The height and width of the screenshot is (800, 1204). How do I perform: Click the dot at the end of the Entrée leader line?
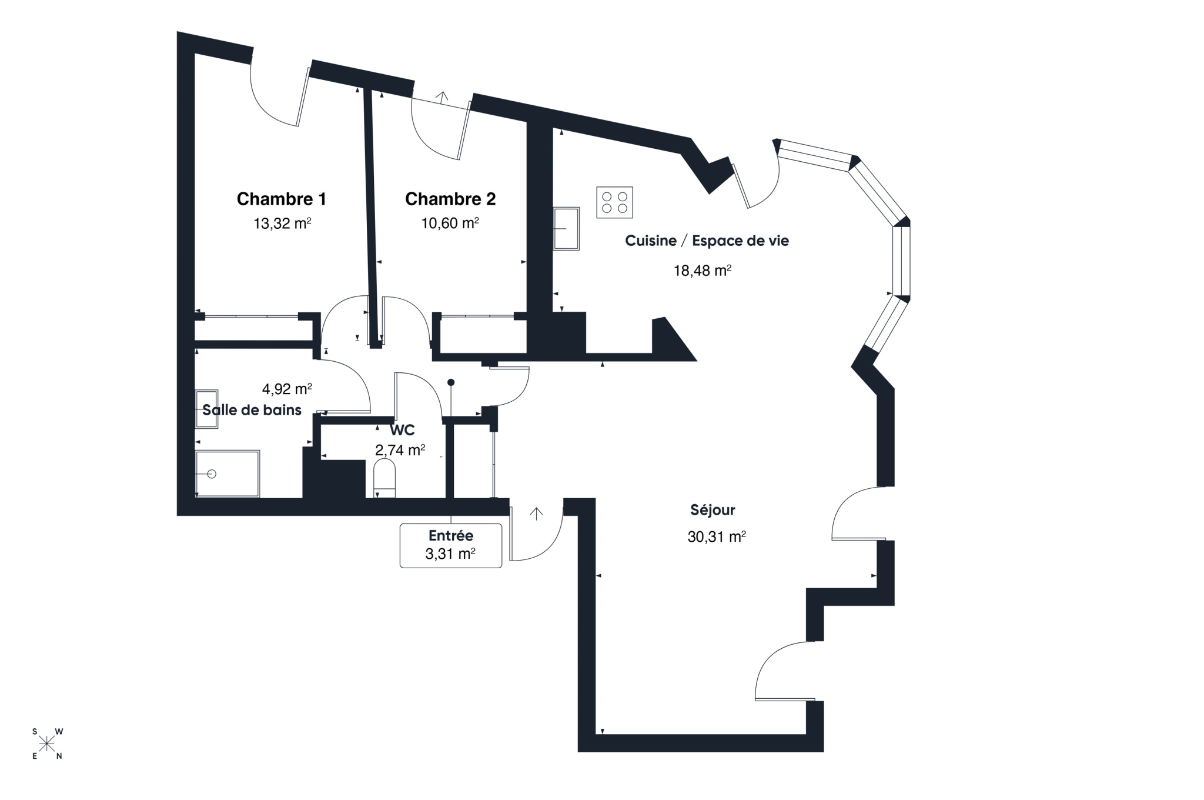click(451, 382)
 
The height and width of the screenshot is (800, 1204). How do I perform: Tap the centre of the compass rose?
click(47, 744)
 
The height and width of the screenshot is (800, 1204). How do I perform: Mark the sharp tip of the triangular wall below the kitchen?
click(697, 360)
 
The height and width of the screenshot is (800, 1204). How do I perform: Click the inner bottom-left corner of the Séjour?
click(596, 734)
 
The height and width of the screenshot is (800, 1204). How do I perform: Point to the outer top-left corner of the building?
click(177, 32)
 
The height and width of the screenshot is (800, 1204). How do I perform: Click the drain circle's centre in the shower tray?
click(212, 474)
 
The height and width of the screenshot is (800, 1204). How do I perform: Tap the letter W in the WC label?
click(396, 430)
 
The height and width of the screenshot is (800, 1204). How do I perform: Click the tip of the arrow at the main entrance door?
click(536, 508)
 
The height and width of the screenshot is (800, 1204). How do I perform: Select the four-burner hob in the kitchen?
click(614, 202)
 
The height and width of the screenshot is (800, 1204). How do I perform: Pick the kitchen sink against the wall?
click(566, 228)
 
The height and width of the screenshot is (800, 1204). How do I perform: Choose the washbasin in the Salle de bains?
click(206, 408)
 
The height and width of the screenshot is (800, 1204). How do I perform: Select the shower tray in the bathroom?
click(228, 474)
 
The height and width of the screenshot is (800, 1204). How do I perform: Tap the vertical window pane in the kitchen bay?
click(901, 261)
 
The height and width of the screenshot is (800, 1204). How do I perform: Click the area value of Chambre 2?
click(450, 224)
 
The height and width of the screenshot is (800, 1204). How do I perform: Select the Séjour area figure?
click(717, 536)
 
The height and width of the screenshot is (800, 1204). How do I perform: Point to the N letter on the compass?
click(59, 756)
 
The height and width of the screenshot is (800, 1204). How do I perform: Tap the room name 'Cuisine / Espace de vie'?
click(707, 241)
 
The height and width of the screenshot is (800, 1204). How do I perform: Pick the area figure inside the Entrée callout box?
click(450, 554)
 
